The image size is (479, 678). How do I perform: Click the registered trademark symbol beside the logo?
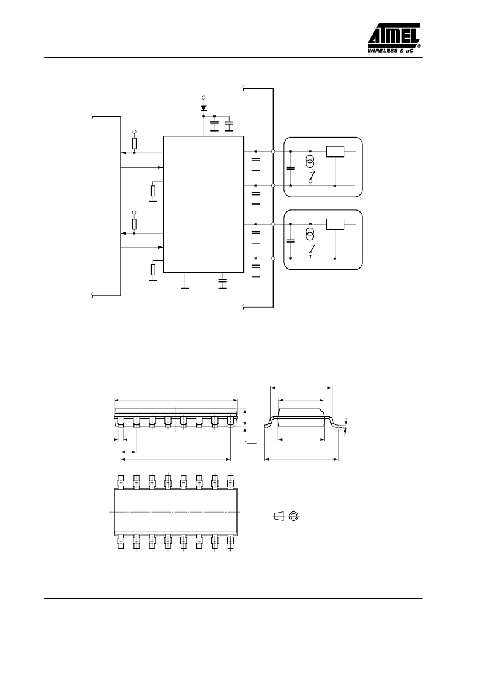pyautogui.click(x=419, y=45)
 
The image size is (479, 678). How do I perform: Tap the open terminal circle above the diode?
pyautogui.click(x=204, y=98)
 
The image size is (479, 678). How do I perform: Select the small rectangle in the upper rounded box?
pyautogui.click(x=335, y=152)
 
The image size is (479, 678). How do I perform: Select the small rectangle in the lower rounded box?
pyautogui.click(x=335, y=224)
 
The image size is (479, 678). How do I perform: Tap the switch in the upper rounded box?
pyautogui.click(x=312, y=177)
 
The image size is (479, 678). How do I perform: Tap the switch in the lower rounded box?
pyautogui.click(x=312, y=250)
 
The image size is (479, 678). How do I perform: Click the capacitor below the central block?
pyautogui.click(x=222, y=283)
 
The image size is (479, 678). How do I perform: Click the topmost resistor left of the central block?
pyautogui.click(x=134, y=143)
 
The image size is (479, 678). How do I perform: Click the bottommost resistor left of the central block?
pyautogui.click(x=153, y=270)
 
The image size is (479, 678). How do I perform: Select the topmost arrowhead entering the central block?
pyautogui.click(x=161, y=167)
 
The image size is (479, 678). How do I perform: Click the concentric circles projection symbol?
pyautogui.click(x=294, y=516)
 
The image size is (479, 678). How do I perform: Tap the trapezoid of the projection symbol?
pyautogui.click(x=278, y=516)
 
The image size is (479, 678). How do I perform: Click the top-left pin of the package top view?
pyautogui.click(x=120, y=481)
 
